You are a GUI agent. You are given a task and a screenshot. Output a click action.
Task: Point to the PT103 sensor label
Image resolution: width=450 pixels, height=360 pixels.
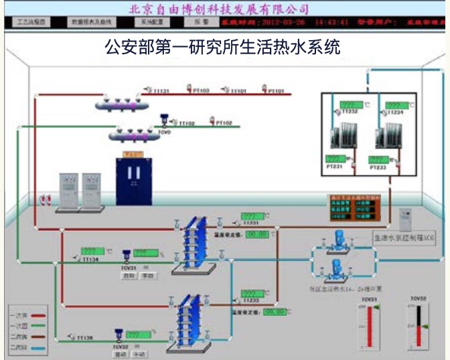[201, 90]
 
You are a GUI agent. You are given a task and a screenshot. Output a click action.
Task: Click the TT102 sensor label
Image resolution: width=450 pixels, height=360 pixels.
[185, 123]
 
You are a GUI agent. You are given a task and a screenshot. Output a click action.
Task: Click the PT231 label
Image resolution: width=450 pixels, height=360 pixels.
[334, 166]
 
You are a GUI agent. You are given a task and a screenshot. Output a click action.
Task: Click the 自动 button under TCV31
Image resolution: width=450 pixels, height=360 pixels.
[130, 276]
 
